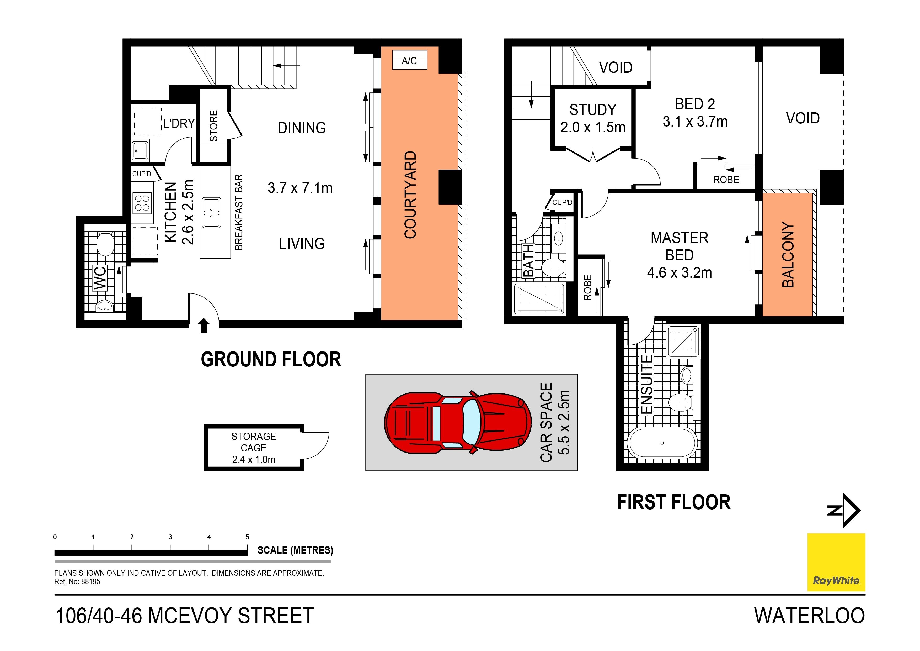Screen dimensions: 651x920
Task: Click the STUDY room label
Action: (593, 109)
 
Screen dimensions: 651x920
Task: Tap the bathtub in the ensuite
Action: (662, 443)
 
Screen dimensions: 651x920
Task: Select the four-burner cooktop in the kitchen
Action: (142, 203)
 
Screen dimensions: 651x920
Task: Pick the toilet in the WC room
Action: (105, 244)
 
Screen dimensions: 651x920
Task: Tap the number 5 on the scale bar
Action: (247, 537)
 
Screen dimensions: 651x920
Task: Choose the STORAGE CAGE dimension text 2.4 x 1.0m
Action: (254, 460)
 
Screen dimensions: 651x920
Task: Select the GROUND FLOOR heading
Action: (271, 359)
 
